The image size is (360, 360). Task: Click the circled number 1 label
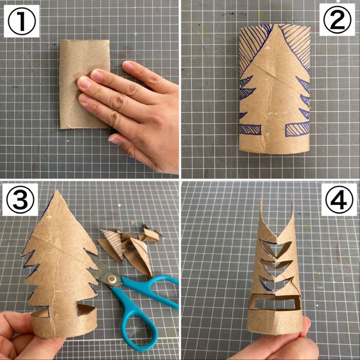[22, 22]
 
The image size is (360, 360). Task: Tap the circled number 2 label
[337, 20]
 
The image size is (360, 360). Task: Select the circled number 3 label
[20, 200]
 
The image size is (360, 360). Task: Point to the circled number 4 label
[339, 200]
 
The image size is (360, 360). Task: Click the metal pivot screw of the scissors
[112, 279]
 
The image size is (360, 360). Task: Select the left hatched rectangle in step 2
[250, 129]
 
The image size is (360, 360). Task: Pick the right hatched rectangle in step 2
[297, 129]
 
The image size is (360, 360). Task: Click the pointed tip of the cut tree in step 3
[57, 191]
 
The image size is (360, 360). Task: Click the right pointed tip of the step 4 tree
[292, 196]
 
